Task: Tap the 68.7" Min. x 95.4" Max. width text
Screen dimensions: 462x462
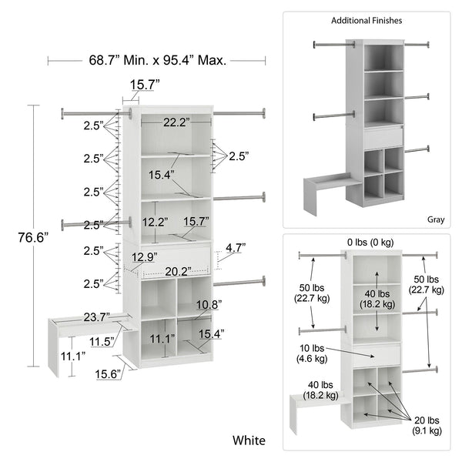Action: pyautogui.click(x=157, y=60)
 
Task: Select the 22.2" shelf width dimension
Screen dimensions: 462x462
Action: pyautogui.click(x=175, y=122)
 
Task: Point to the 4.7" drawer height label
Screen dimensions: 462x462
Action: pyautogui.click(x=235, y=248)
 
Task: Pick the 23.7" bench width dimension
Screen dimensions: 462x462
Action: pyautogui.click(x=95, y=316)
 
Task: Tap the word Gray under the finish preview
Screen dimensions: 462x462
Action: pyautogui.click(x=437, y=219)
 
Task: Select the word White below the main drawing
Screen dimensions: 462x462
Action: pyautogui.click(x=249, y=440)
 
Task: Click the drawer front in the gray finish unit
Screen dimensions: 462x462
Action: pyautogui.click(x=383, y=139)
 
